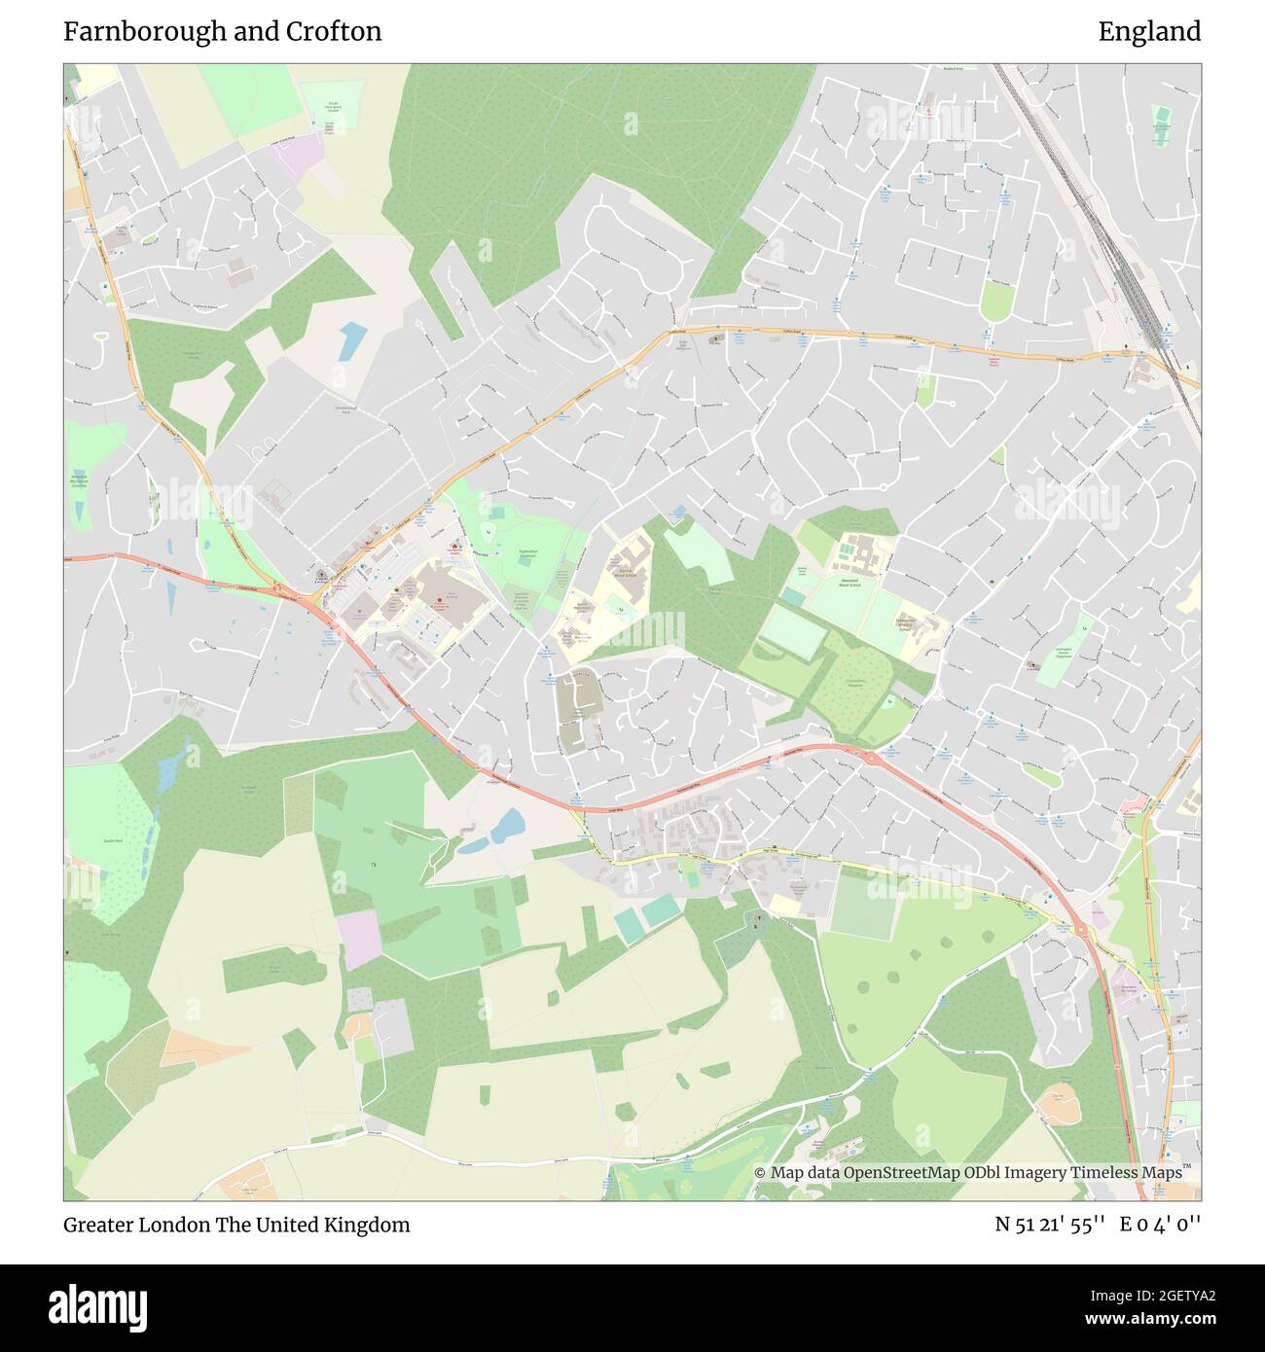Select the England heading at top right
[x=1149, y=31]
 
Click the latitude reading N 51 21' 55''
[x=1049, y=1225]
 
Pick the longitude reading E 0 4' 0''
[x=1160, y=1225]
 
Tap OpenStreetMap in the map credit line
[x=900, y=1172]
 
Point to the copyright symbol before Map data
[x=760, y=1172]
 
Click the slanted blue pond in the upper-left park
[x=352, y=339]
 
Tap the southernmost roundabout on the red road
[x=1082, y=930]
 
